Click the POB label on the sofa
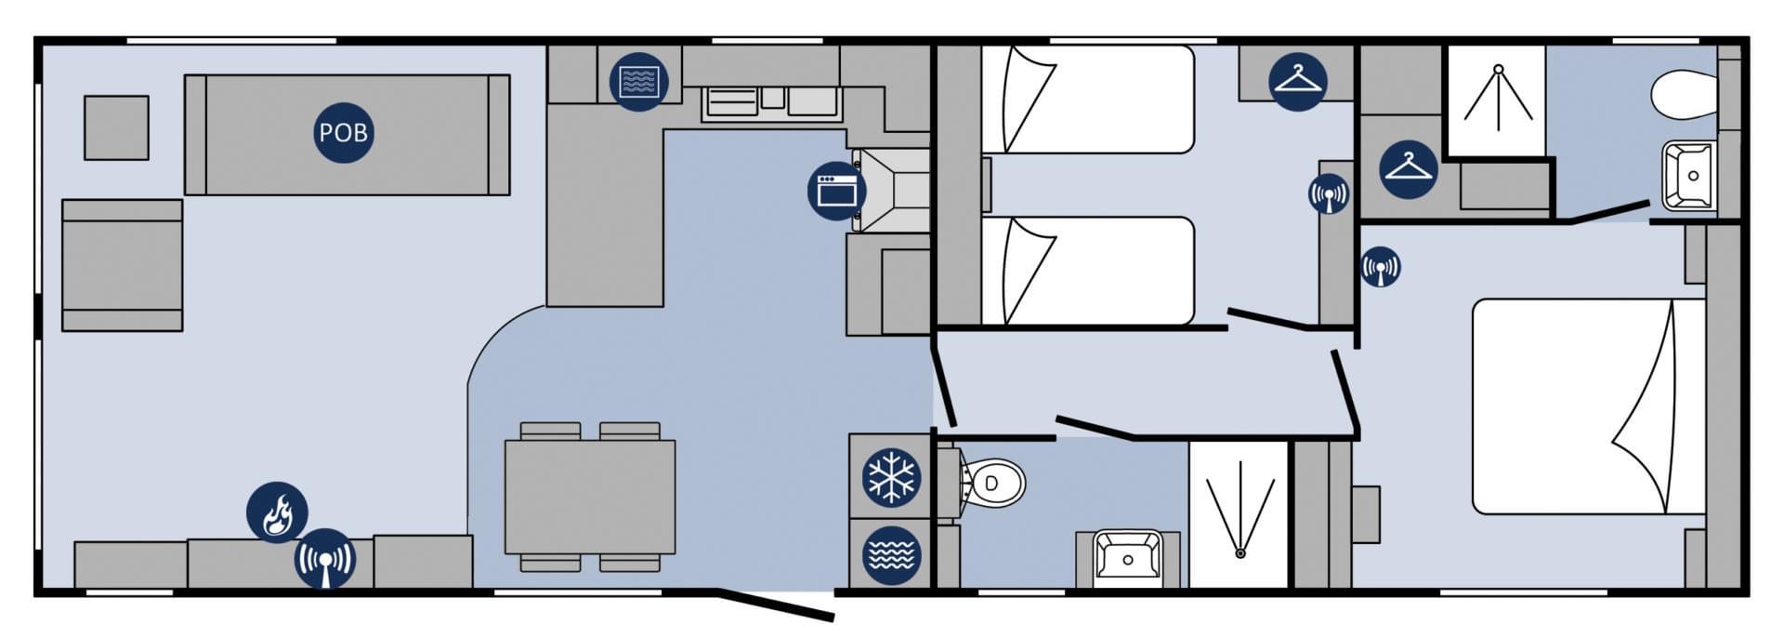pyautogui.click(x=344, y=133)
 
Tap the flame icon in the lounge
pyautogui.click(x=277, y=512)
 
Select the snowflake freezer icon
pyautogui.click(x=892, y=477)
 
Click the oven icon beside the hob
pyautogui.click(x=837, y=191)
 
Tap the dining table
pyautogui.click(x=590, y=498)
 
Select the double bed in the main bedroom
pyautogui.click(x=1589, y=406)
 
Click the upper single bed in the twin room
pyautogui.click(x=1087, y=100)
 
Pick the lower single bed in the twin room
pyautogui.click(x=1087, y=271)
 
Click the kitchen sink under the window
pyautogui.click(x=771, y=101)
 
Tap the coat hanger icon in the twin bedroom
pyautogui.click(x=1298, y=81)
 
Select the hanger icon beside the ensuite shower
pyautogui.click(x=1409, y=168)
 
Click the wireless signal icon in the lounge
pyautogui.click(x=325, y=559)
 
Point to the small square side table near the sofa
pyautogui.click(x=116, y=127)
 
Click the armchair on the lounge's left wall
pyautogui.click(x=122, y=265)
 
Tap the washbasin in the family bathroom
pyautogui.click(x=1128, y=558)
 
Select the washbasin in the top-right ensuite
pyautogui.click(x=1689, y=175)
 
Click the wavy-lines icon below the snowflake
pyautogui.click(x=892, y=555)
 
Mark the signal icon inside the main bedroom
pyautogui.click(x=1380, y=267)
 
